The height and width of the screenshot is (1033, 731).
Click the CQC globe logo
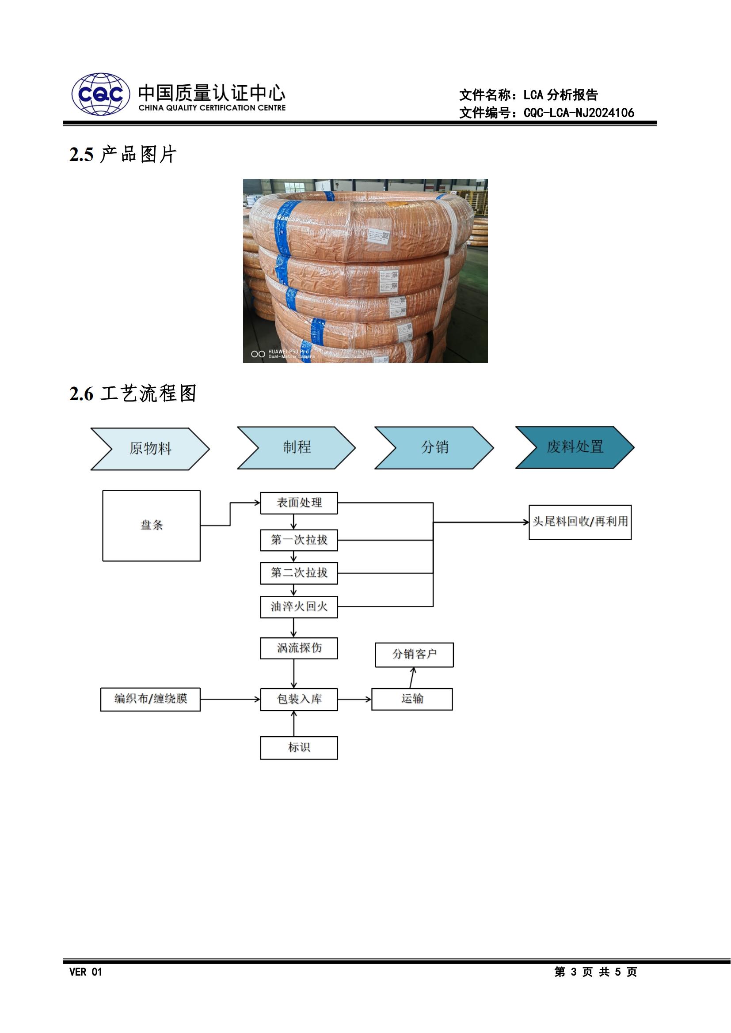pyautogui.click(x=101, y=94)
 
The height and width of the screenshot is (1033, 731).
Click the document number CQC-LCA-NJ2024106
pyautogui.click(x=579, y=113)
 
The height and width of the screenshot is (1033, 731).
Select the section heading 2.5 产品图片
pyautogui.click(x=122, y=154)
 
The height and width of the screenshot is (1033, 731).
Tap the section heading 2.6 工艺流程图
pyautogui.click(x=133, y=393)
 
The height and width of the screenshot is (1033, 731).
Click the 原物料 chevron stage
pyautogui.click(x=150, y=449)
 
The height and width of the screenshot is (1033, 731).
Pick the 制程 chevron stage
pyautogui.click(x=297, y=447)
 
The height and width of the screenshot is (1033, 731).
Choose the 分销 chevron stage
pyautogui.click(x=434, y=447)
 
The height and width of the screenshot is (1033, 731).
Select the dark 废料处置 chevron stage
pyautogui.click(x=575, y=447)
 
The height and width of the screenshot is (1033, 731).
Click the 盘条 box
pyautogui.click(x=151, y=525)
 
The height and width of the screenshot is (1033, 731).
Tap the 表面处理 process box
pyautogui.click(x=299, y=503)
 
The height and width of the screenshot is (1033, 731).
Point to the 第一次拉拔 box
pyautogui.click(x=299, y=540)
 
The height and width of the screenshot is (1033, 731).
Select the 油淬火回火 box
pyautogui.click(x=299, y=606)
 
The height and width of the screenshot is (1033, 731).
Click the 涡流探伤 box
pyautogui.click(x=299, y=648)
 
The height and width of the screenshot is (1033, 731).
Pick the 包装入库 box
pyautogui.click(x=299, y=699)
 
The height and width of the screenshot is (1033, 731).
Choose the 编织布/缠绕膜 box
pyautogui.click(x=150, y=699)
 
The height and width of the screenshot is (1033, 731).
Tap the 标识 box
pyautogui.click(x=299, y=747)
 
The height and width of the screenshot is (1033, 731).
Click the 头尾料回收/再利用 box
pyautogui.click(x=580, y=522)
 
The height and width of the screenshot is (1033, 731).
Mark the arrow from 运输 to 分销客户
pyautogui.click(x=412, y=677)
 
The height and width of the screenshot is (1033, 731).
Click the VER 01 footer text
pyautogui.click(x=86, y=972)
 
